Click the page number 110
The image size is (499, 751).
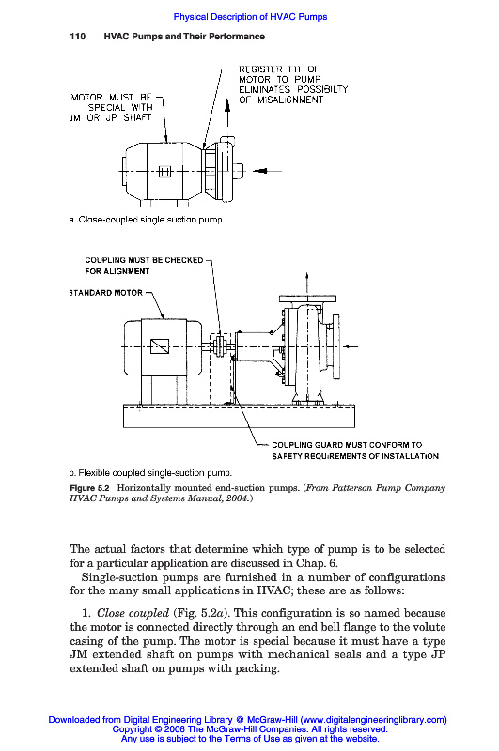78,37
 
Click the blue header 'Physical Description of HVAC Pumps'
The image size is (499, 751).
250,17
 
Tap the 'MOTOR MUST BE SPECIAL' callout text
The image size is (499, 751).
111,107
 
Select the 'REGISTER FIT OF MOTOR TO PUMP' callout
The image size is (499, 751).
293,84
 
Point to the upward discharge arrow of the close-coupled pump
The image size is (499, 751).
227,113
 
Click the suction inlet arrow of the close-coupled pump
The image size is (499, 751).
267,171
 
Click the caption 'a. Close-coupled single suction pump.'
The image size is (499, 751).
147,220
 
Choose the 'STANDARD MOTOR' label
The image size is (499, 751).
106,293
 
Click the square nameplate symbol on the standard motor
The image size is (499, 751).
160,346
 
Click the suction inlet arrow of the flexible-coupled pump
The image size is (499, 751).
351,346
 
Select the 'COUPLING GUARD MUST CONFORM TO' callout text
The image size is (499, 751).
347,445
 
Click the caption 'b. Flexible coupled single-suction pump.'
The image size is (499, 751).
150,473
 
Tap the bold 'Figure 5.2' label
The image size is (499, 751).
89,488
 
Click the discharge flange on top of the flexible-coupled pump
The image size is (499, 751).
307,299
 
